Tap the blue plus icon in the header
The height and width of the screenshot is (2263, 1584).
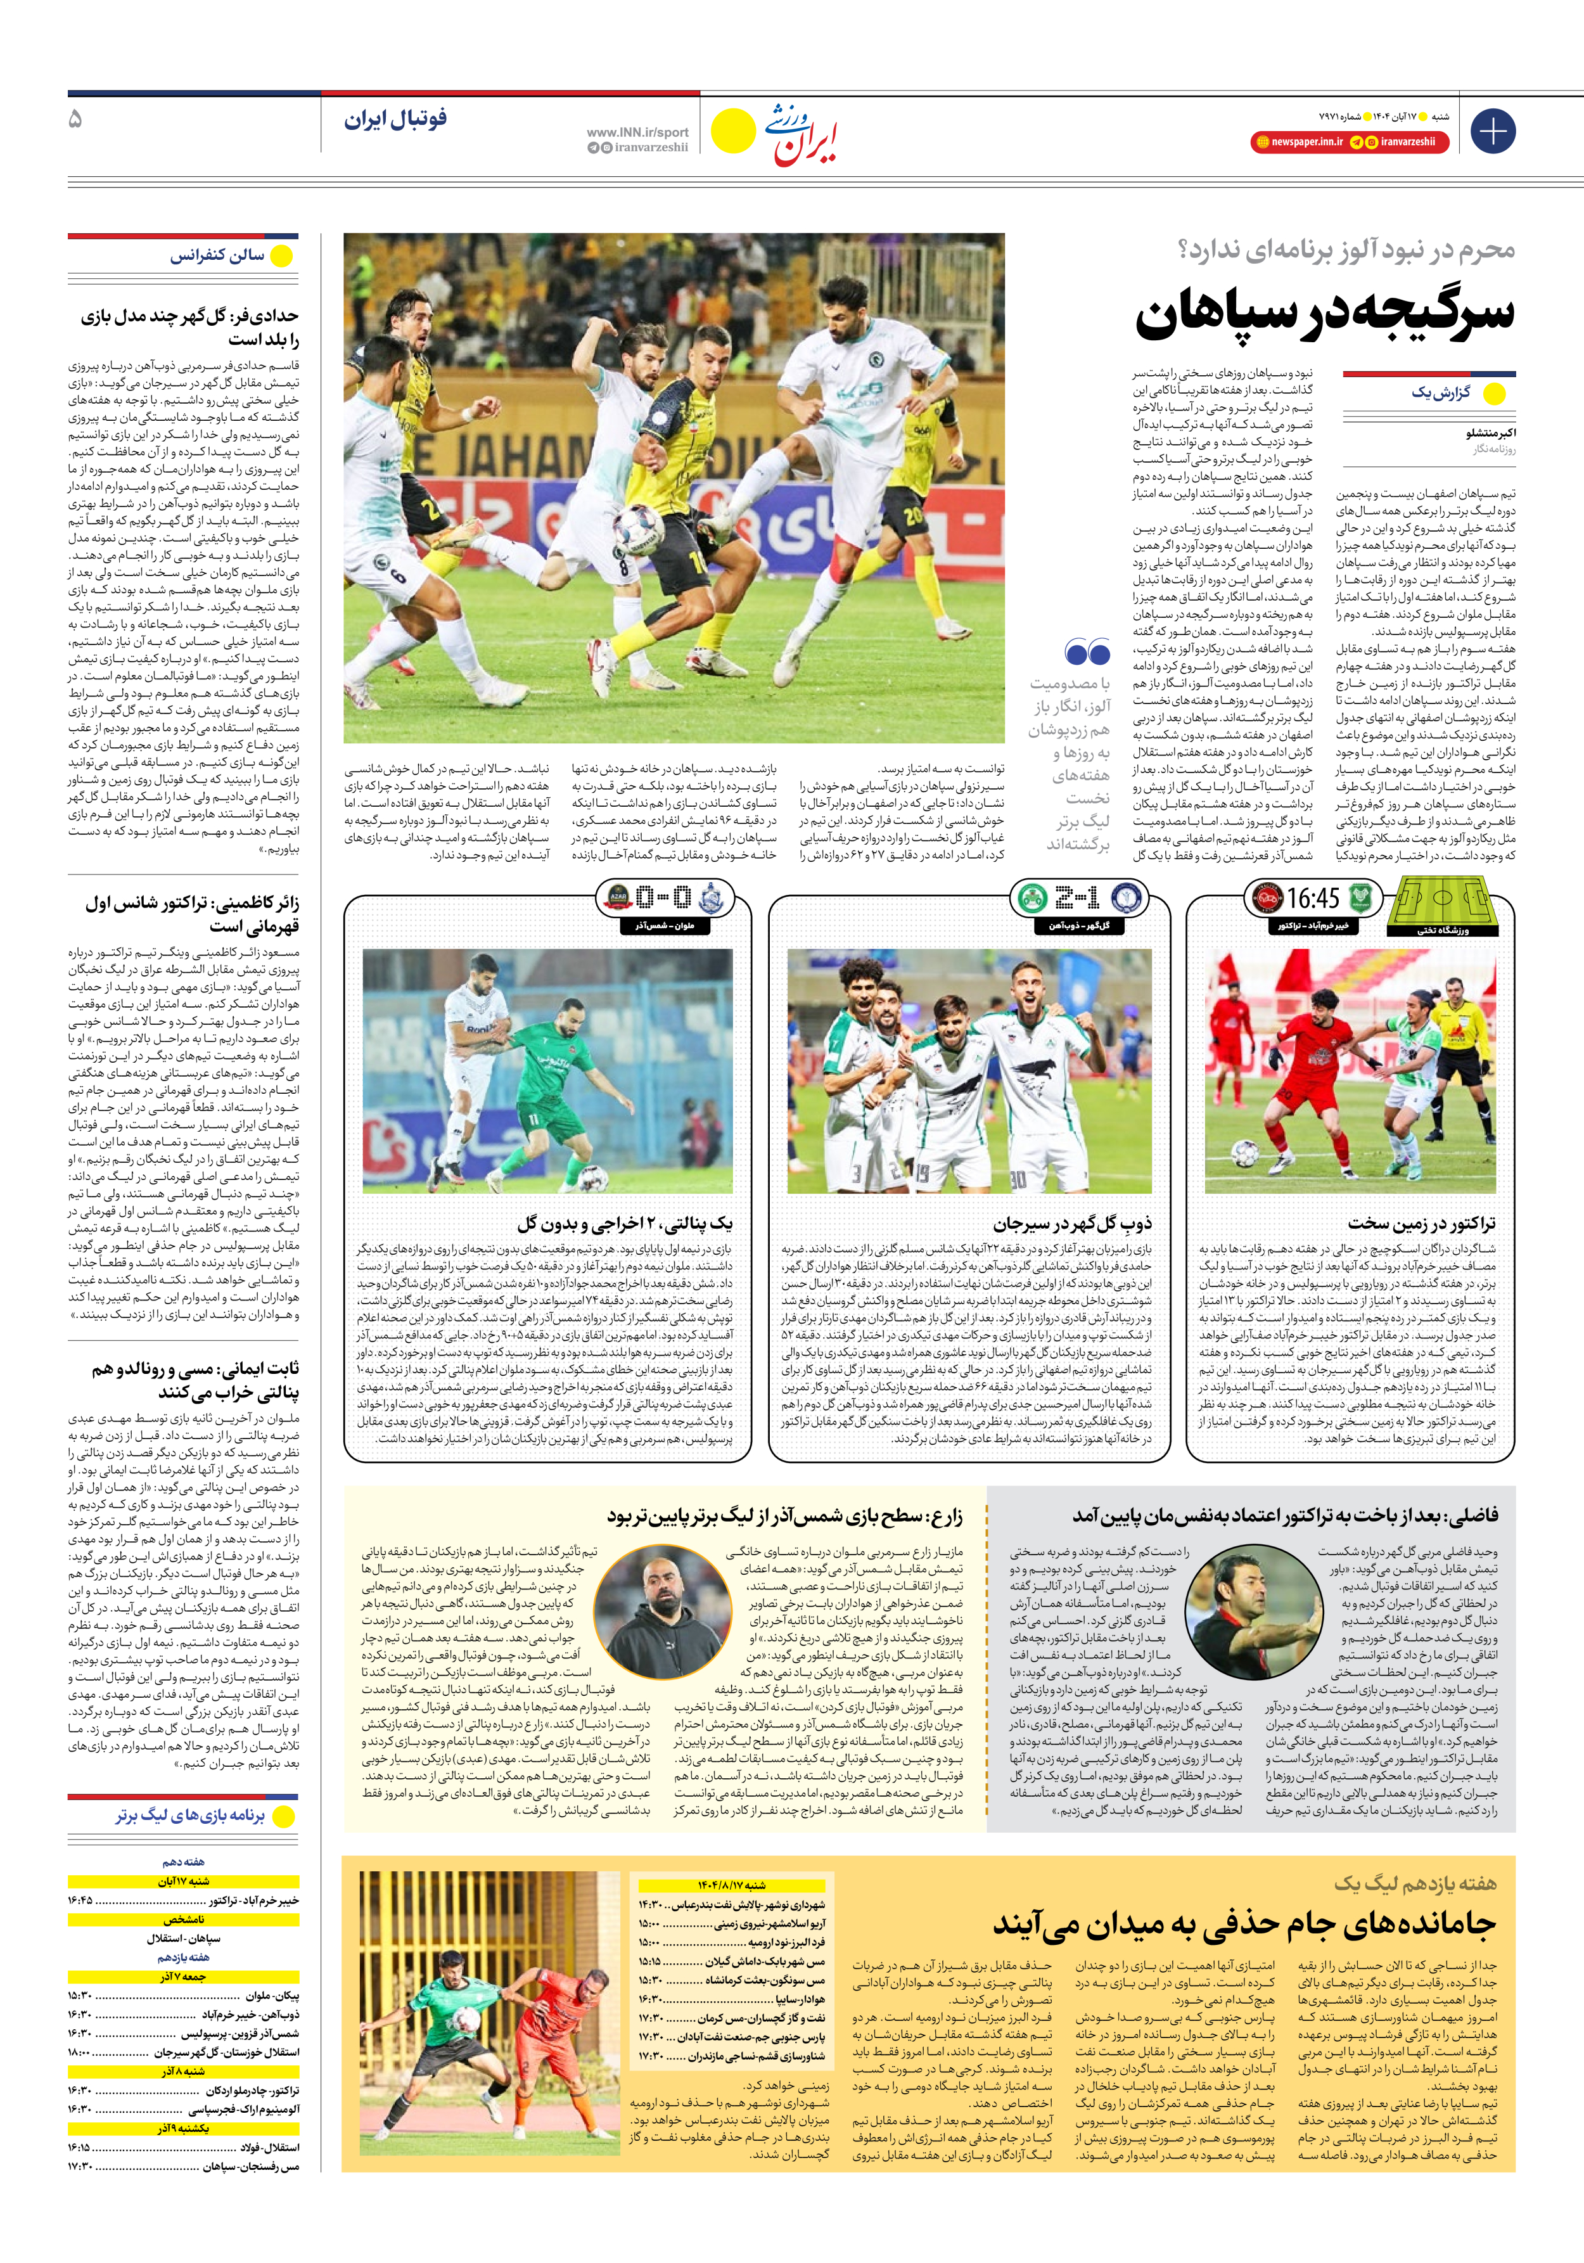pyautogui.click(x=1492, y=131)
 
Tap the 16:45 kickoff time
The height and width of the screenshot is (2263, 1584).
pyautogui.click(x=1312, y=898)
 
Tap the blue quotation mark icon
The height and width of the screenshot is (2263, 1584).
pyautogui.click(x=1087, y=653)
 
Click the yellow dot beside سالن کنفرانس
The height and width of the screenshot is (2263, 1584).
pyautogui.click(x=282, y=256)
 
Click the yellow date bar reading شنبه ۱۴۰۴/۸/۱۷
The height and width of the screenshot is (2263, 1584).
pyautogui.click(x=731, y=1885)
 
